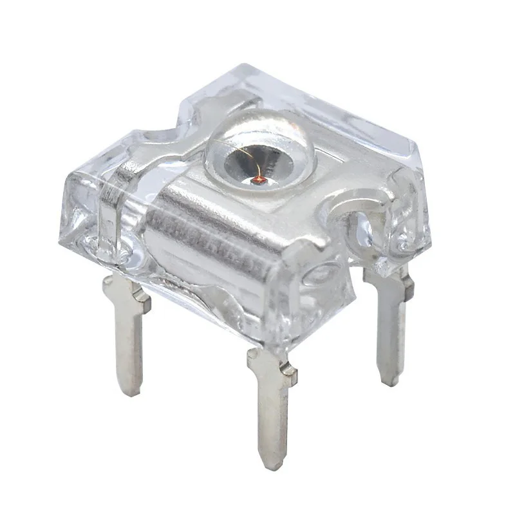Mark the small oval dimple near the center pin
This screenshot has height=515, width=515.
(x=319, y=277)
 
